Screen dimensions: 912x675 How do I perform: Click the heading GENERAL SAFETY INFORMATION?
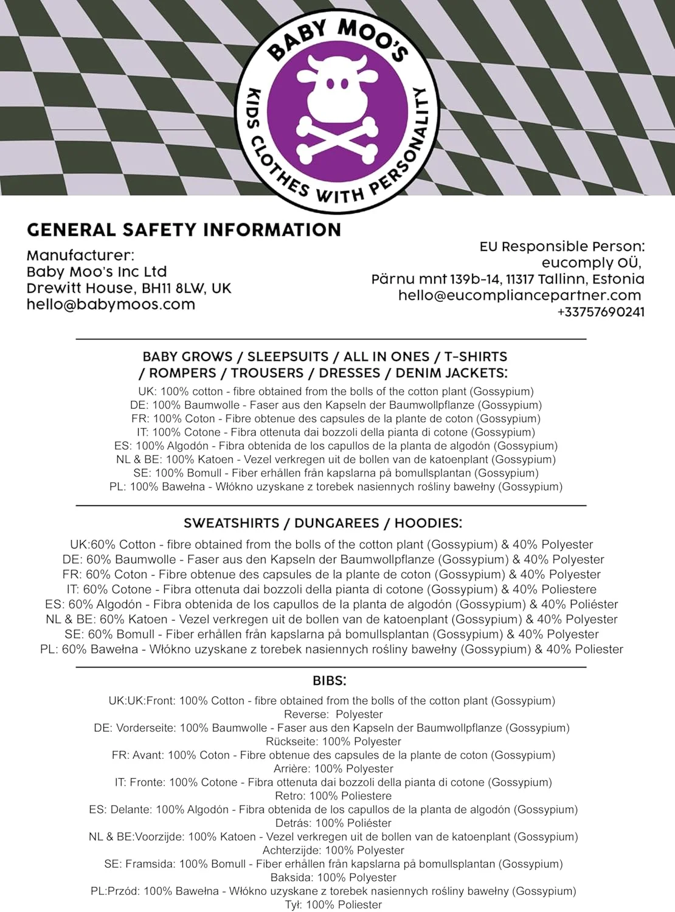(x=184, y=230)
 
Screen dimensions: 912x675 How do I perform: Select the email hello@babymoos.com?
(x=111, y=305)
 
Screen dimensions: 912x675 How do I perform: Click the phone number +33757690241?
(x=600, y=312)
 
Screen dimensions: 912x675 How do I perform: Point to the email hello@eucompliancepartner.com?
(x=520, y=295)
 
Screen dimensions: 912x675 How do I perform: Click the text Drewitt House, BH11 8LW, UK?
(x=129, y=288)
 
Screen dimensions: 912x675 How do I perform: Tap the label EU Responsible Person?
(x=561, y=246)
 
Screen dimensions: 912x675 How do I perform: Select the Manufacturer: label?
(x=80, y=255)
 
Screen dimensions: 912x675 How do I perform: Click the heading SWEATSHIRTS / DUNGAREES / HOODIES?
(x=323, y=523)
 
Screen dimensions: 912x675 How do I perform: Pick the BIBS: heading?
(x=328, y=681)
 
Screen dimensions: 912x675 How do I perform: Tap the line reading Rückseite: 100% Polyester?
(x=333, y=742)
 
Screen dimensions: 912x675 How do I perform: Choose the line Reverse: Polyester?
(x=333, y=714)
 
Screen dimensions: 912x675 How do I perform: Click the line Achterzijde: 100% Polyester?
(x=333, y=850)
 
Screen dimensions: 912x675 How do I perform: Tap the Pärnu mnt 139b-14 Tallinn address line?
(x=508, y=279)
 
